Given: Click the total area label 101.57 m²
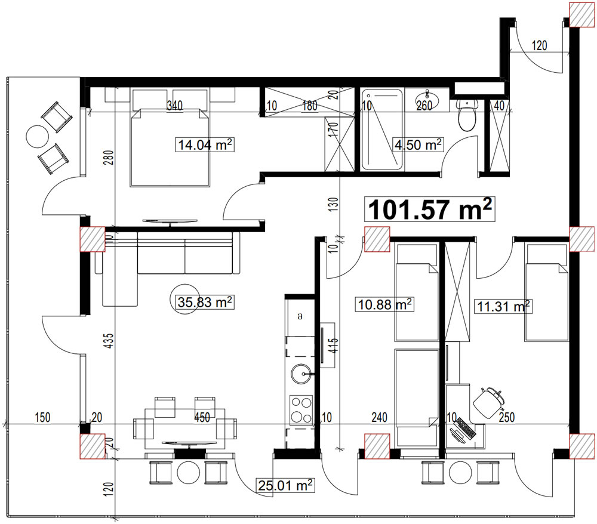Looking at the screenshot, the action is (x=429, y=208).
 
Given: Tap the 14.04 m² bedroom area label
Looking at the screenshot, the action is (x=205, y=144).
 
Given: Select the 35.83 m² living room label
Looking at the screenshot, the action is (x=205, y=302).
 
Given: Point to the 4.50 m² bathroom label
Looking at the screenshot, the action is (x=418, y=144).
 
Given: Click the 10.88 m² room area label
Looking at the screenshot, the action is (x=384, y=304).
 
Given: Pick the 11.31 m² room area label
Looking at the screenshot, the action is (x=503, y=306).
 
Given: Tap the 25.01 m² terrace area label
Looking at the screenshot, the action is (x=285, y=485).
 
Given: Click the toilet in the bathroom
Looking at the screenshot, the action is (x=467, y=115).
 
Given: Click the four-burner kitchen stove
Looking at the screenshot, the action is (x=301, y=410).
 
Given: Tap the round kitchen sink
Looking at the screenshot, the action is (x=302, y=374).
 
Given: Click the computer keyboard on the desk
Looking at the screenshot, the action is (x=466, y=428).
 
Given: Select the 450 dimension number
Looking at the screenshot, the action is (x=202, y=417).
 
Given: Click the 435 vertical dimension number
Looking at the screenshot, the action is (x=109, y=341).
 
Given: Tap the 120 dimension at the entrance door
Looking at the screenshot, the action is (x=539, y=46).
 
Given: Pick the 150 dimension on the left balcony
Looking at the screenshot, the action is (x=42, y=417).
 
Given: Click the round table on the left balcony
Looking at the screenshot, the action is (x=37, y=137).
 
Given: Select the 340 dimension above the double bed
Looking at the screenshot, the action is (x=175, y=105).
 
